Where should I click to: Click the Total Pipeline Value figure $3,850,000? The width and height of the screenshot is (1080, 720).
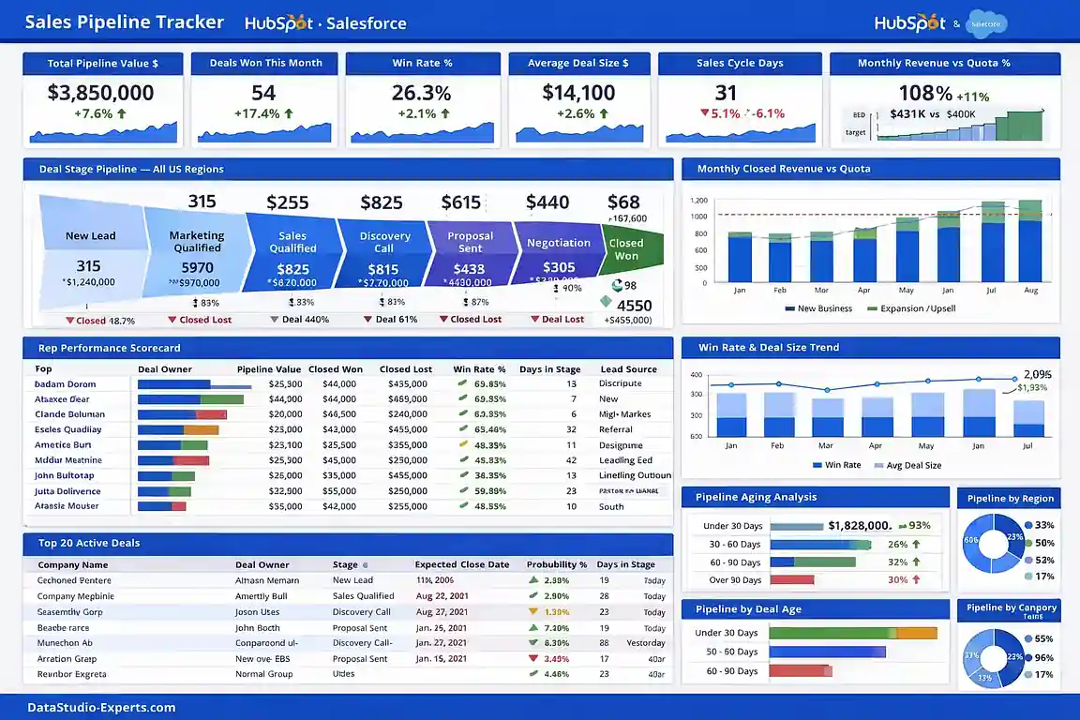pyautogui.click(x=100, y=93)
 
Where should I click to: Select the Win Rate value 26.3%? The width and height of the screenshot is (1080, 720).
pyautogui.click(x=421, y=93)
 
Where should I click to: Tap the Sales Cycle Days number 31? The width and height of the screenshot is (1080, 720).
pyautogui.click(x=726, y=93)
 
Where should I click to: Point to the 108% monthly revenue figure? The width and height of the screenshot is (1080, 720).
pyautogui.click(x=925, y=93)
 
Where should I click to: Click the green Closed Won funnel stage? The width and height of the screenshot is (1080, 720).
pyautogui.click(x=628, y=248)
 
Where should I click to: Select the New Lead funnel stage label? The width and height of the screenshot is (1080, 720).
pyautogui.click(x=90, y=236)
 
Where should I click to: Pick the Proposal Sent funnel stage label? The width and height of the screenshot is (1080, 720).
pyautogui.click(x=470, y=243)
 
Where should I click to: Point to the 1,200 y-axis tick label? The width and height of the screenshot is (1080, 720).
pyautogui.click(x=698, y=201)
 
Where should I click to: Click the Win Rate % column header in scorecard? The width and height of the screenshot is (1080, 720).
pyautogui.click(x=479, y=369)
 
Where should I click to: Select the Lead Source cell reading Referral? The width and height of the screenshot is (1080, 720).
pyautogui.click(x=616, y=430)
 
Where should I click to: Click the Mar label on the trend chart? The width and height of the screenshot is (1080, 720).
pyautogui.click(x=825, y=446)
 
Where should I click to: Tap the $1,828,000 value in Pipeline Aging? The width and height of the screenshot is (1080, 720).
pyautogui.click(x=860, y=526)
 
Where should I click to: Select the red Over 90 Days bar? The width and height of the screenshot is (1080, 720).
pyautogui.click(x=791, y=579)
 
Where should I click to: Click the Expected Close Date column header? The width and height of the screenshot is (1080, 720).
pyautogui.click(x=462, y=565)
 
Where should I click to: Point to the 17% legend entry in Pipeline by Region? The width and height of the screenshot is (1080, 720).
pyautogui.click(x=1043, y=577)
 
